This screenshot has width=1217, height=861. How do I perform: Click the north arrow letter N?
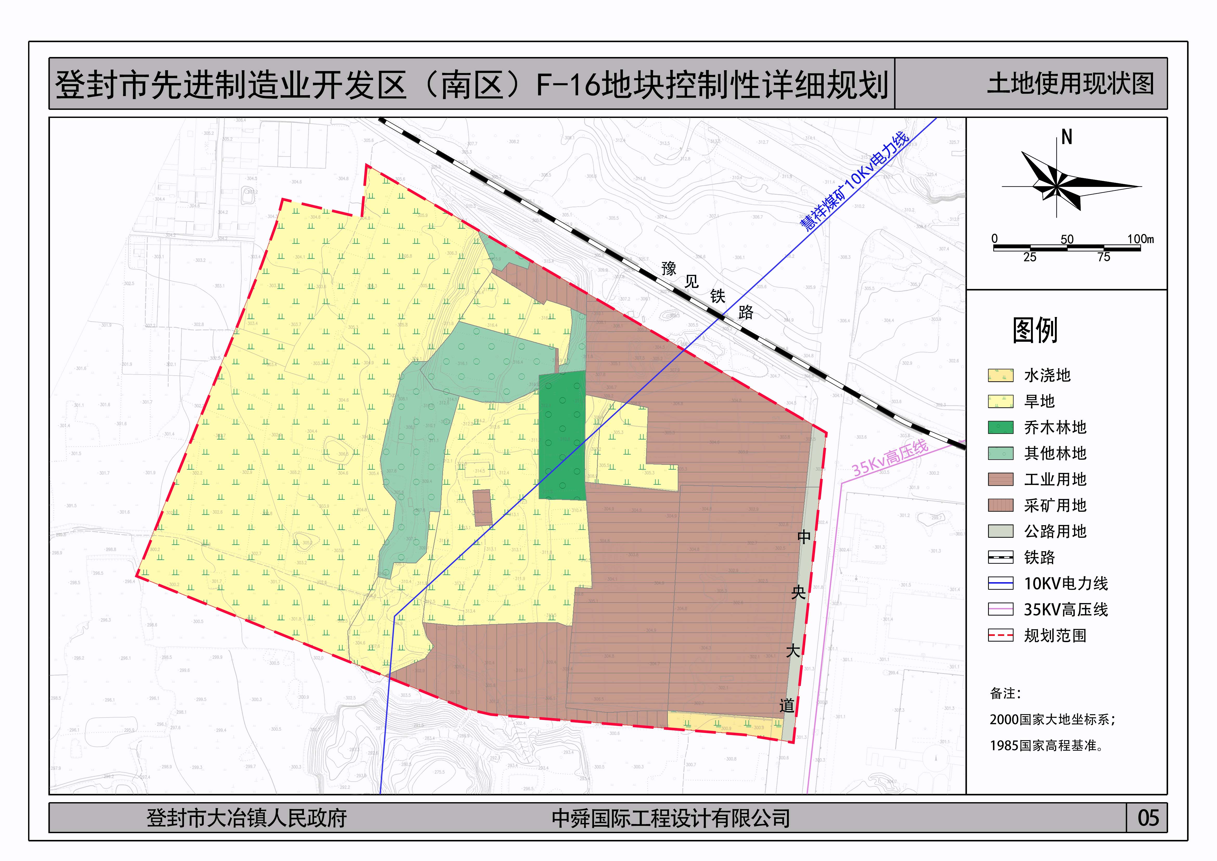tap(1066, 138)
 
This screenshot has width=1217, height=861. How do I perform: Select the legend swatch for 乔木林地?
tap(1000, 427)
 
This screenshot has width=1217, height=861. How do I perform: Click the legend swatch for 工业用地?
tap(1000, 479)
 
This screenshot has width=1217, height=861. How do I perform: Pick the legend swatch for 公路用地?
tap(1000, 531)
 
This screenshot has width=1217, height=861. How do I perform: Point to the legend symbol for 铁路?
tap(1000, 557)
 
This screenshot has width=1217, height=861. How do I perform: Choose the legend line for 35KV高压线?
tap(1000, 609)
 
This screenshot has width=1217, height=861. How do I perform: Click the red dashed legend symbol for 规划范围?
tap(1000, 635)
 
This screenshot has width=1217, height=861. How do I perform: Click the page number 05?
tap(1148, 818)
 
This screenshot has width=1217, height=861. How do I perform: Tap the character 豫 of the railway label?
tap(669, 269)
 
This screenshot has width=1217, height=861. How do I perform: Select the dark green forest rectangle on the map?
tap(562, 436)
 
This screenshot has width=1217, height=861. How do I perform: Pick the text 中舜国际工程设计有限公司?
tap(670, 818)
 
